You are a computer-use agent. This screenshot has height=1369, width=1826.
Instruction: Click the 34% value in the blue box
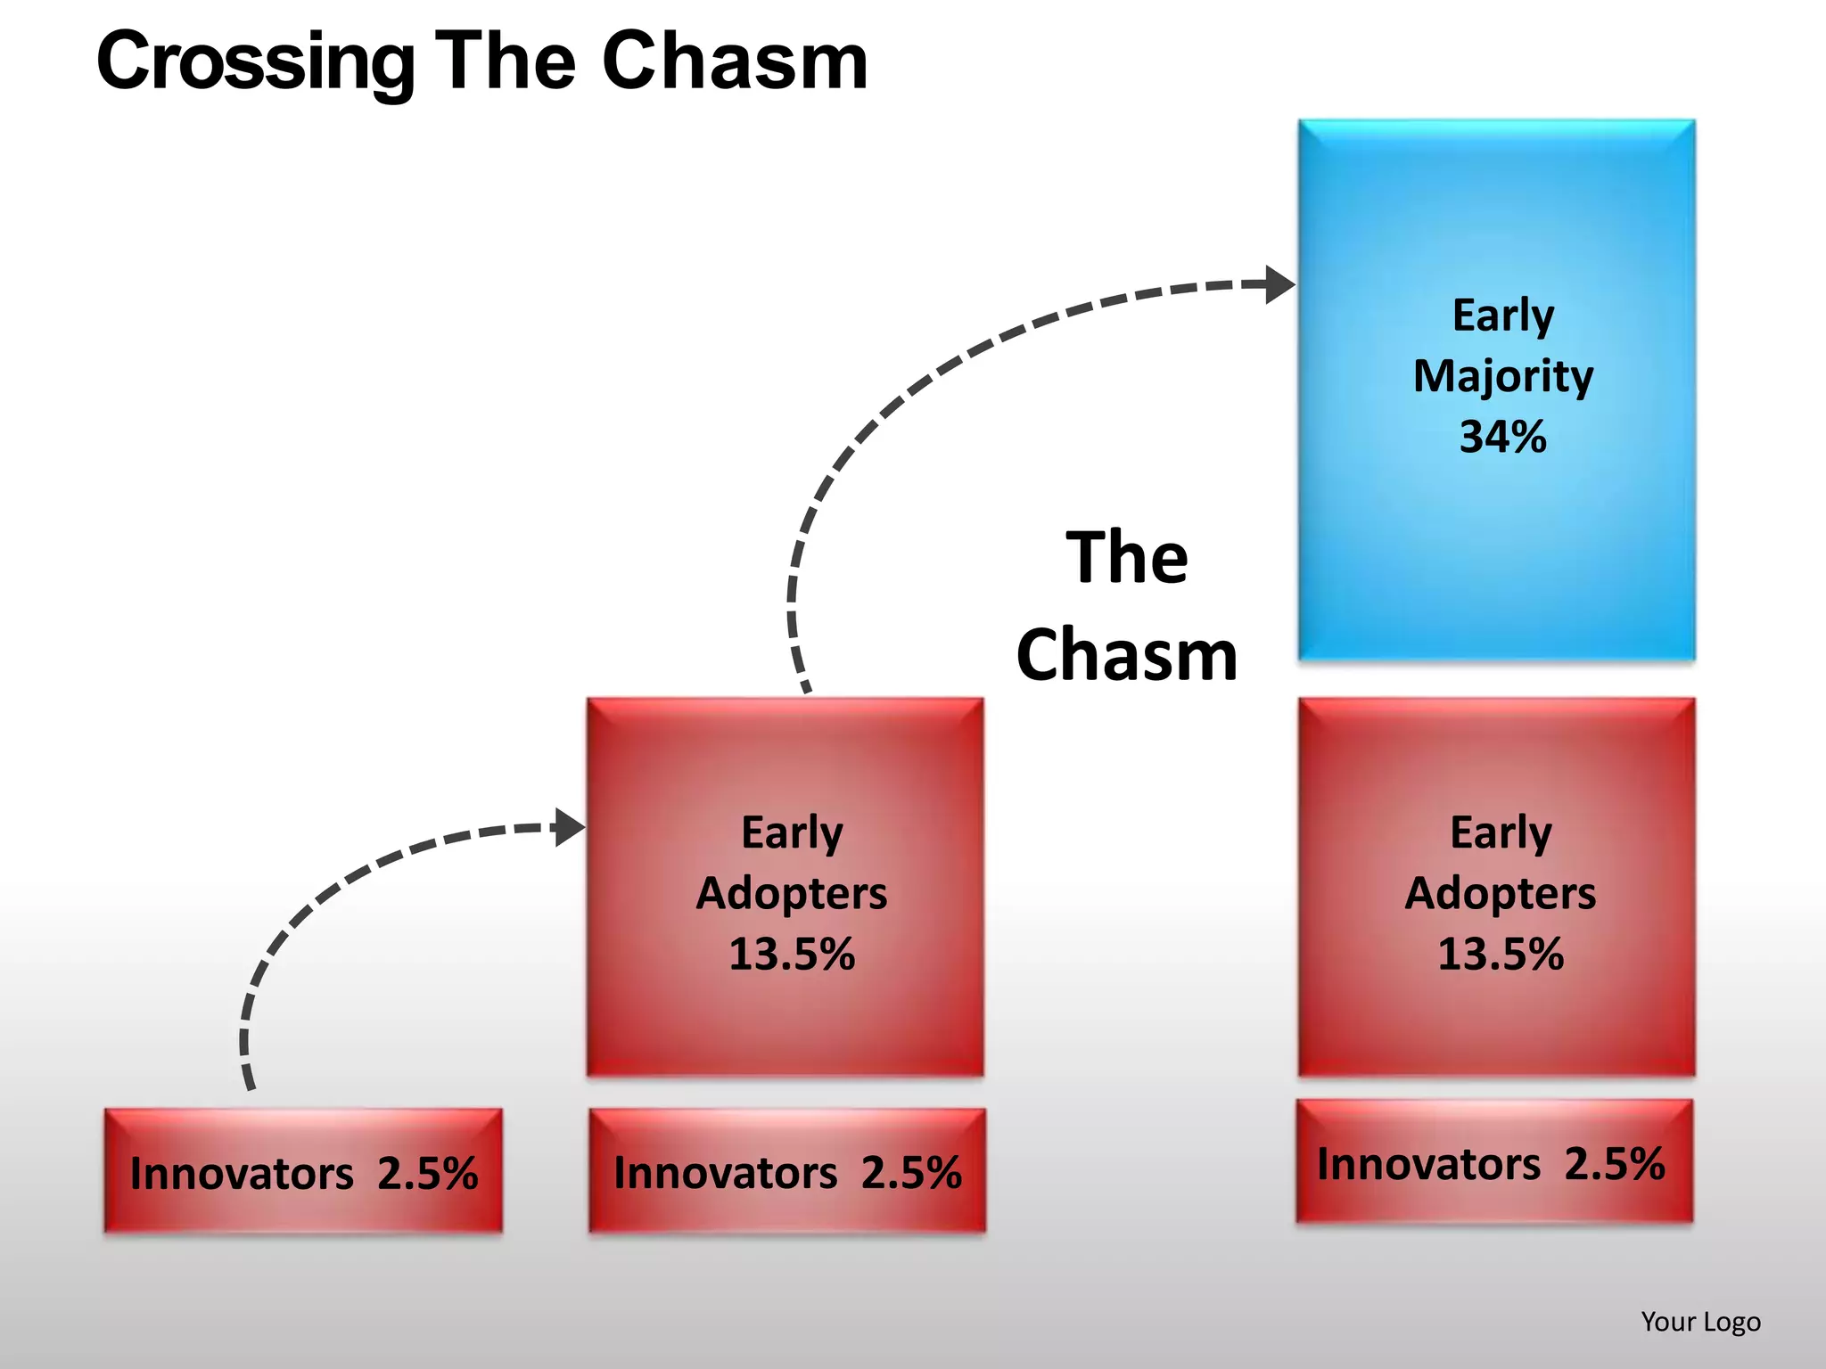click(x=1502, y=437)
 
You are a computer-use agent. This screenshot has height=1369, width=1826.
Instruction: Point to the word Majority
click(x=1502, y=376)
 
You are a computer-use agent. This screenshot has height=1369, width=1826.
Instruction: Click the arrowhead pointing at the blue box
click(x=1279, y=284)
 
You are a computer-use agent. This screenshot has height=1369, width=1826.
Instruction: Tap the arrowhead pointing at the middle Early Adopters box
click(x=569, y=827)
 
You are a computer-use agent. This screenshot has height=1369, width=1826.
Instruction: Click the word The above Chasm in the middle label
click(x=1127, y=558)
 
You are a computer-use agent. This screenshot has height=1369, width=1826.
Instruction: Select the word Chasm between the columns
click(x=1127, y=655)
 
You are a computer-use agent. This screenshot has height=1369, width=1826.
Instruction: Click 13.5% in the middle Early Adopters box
click(x=792, y=954)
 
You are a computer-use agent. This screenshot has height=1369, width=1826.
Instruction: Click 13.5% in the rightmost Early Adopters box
click(x=1501, y=954)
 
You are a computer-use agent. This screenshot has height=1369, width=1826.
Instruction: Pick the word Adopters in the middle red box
click(x=792, y=893)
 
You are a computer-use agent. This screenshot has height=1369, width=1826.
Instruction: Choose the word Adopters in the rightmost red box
click(x=1501, y=893)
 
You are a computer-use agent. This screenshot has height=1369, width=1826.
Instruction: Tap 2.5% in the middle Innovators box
click(x=911, y=1173)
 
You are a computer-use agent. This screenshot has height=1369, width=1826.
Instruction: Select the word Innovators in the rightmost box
click(x=1428, y=1164)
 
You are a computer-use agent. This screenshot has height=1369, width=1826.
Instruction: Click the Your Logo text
click(x=1700, y=1322)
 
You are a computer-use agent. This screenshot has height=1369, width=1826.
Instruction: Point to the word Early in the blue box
click(x=1502, y=316)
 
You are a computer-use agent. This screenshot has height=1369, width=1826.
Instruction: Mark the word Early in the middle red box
click(x=792, y=832)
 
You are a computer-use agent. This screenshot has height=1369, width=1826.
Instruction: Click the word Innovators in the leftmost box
click(x=242, y=1173)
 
